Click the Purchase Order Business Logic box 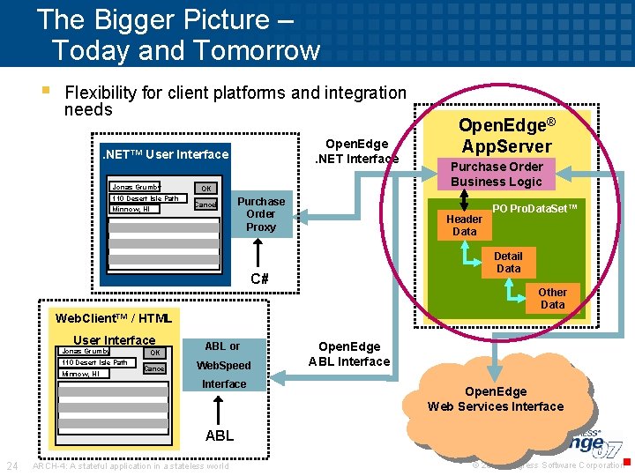[x=497, y=174]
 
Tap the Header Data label [x=464, y=226]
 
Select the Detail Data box [x=508, y=263]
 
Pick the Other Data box [x=552, y=298]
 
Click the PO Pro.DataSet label [x=534, y=208]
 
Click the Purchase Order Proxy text [x=261, y=214]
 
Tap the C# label [x=259, y=279]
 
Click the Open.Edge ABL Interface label [x=349, y=354]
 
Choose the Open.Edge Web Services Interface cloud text [x=495, y=399]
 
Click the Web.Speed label [x=223, y=366]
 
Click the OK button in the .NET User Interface [x=205, y=188]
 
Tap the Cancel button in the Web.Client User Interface [x=154, y=368]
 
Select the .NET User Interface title [x=166, y=155]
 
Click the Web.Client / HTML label [x=112, y=318]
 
